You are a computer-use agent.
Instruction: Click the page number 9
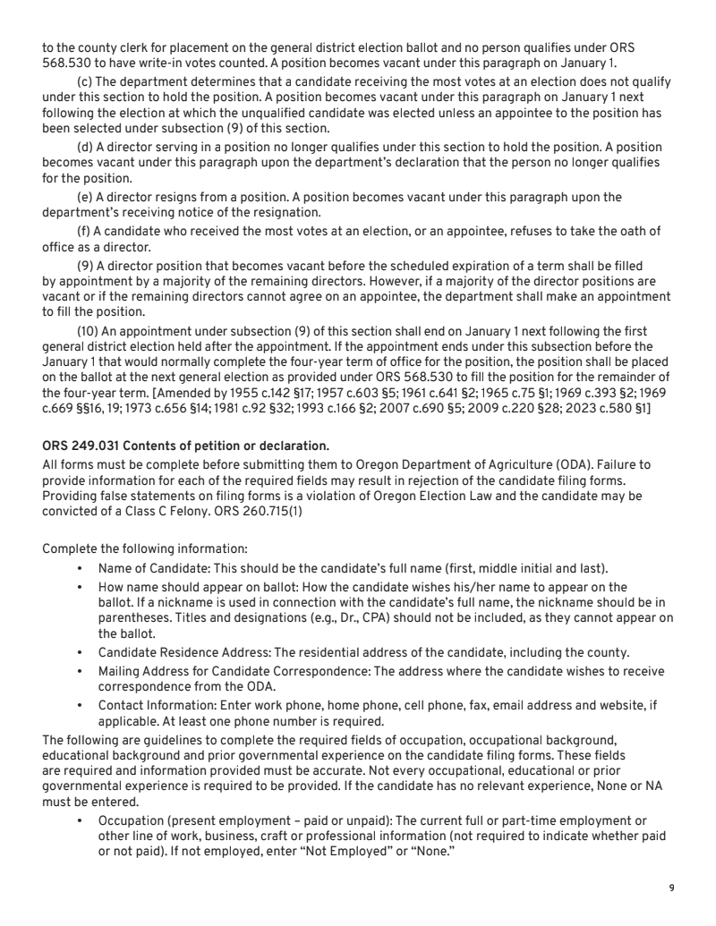671,888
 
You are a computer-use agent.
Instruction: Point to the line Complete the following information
146,548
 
